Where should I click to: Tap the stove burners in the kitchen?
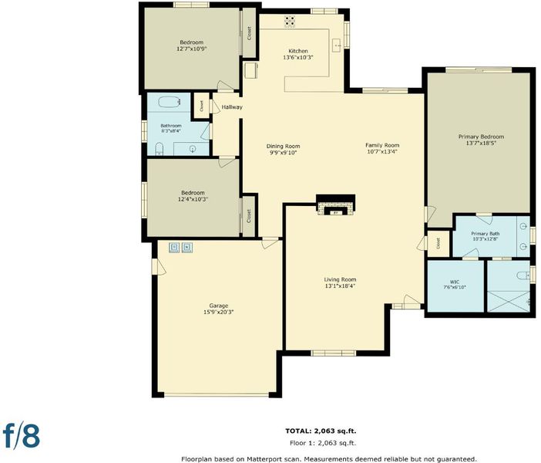290,22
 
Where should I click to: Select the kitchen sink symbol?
337,46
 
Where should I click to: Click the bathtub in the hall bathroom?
170,102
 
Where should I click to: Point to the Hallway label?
232,107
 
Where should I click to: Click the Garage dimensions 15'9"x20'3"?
218,312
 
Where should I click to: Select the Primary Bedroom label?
481,137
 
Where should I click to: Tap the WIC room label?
455,282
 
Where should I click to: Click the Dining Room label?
283,146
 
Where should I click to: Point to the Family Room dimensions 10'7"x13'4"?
382,151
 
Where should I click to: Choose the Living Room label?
340,279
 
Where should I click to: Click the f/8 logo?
22,435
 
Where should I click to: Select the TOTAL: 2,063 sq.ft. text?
321,431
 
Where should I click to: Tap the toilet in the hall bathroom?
159,149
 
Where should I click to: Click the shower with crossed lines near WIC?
508,301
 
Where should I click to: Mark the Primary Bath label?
485,234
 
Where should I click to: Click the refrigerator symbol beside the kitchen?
250,71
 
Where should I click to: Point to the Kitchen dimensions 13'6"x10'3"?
297,58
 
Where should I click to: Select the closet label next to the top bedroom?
249,33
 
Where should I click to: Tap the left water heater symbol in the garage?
174,247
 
